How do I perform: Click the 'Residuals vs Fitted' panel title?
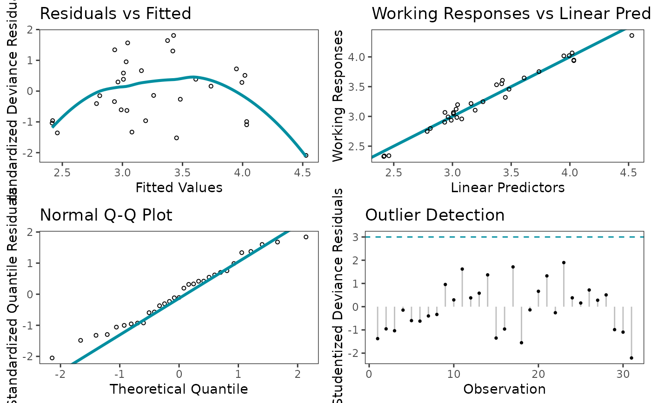pyautogui.click(x=115, y=14)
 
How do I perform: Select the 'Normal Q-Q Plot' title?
pyautogui.click(x=106, y=215)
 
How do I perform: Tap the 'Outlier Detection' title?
pyautogui.click(x=435, y=215)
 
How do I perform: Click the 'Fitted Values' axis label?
pyautogui.click(x=179, y=188)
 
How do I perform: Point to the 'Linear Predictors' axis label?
pyautogui.click(x=508, y=188)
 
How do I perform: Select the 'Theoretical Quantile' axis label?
pyautogui.click(x=179, y=389)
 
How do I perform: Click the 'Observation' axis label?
pyautogui.click(x=505, y=389)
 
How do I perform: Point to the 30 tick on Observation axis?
pyautogui.click(x=623, y=374)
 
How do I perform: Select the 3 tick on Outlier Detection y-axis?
pyautogui.click(x=356, y=237)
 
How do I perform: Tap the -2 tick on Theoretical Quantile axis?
pyautogui.click(x=60, y=374)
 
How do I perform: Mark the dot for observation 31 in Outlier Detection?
pyautogui.click(x=631, y=358)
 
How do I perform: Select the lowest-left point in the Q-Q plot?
pyautogui.click(x=52, y=358)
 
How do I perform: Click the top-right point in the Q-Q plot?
pyautogui.click(x=306, y=237)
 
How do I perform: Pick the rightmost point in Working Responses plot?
pyautogui.click(x=631, y=35)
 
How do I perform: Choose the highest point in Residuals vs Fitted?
pyautogui.click(x=173, y=35)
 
